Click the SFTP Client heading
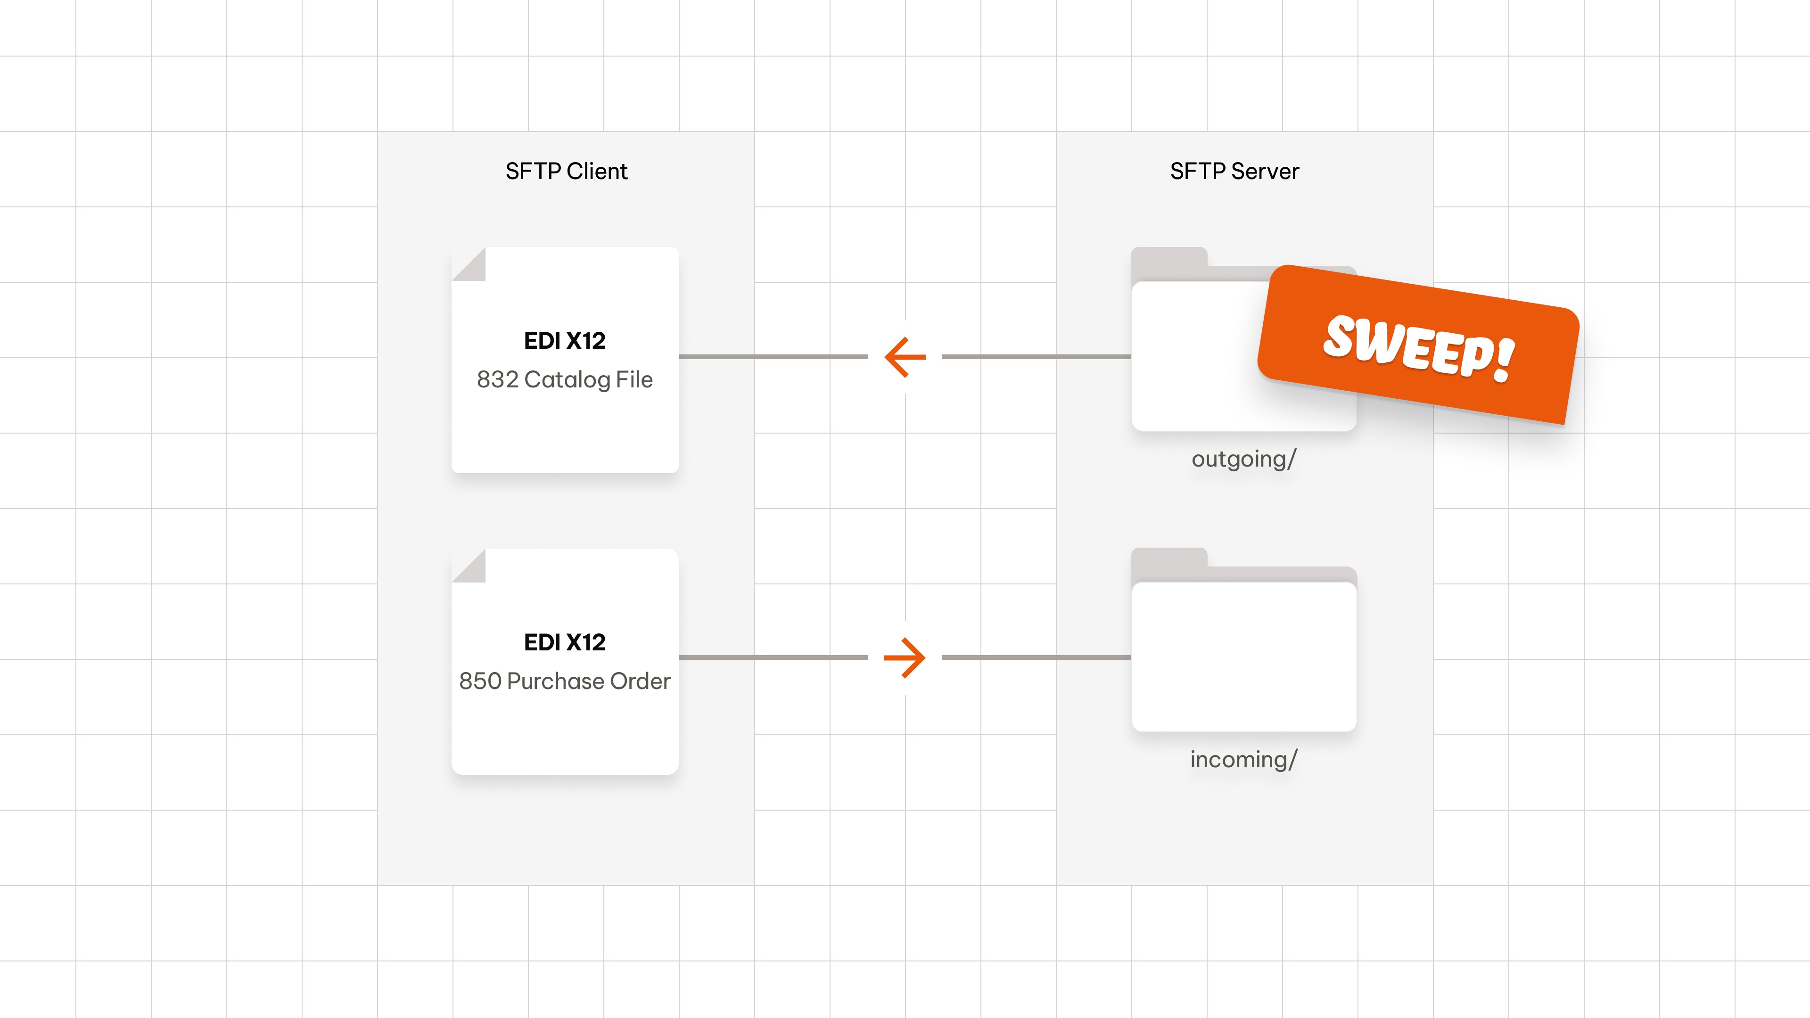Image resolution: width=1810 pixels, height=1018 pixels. (566, 171)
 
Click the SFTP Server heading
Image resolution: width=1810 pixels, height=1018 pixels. (1234, 171)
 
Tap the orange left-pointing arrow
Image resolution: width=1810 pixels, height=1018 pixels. (905, 357)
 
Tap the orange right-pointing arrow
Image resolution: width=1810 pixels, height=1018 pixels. (905, 657)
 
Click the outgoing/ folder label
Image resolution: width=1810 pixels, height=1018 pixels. (1243, 459)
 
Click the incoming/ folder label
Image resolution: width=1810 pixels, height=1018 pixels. (1243, 759)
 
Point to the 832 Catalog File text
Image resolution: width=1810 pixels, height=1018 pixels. (564, 379)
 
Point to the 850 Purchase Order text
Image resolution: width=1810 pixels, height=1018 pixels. (564, 681)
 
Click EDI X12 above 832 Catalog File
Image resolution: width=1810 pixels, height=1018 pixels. (564, 341)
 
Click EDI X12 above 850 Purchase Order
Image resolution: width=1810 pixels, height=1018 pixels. (564, 642)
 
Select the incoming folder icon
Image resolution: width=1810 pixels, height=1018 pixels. (1244, 653)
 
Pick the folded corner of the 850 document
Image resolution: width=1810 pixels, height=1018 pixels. (471, 567)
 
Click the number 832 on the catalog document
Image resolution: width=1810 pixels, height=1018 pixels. (497, 379)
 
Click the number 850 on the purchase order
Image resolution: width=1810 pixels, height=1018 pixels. (480, 681)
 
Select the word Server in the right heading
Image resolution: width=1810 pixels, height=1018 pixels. (1265, 171)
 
